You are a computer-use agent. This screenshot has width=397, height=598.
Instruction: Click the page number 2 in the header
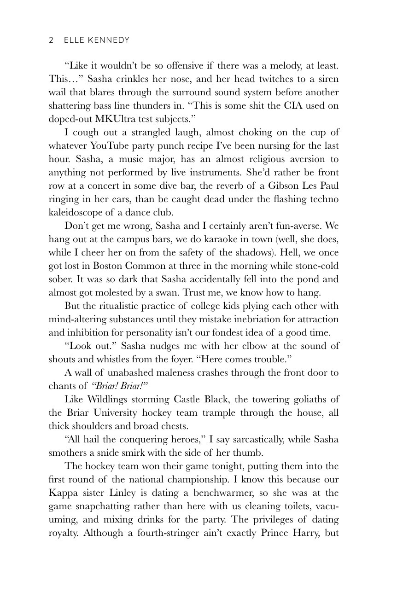(51, 41)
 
